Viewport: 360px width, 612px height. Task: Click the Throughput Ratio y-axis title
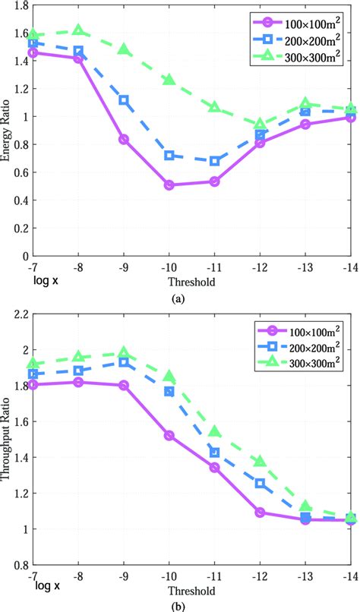tap(7, 440)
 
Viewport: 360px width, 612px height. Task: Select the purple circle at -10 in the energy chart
tap(169, 185)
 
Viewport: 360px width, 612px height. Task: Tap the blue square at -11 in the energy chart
tap(215, 161)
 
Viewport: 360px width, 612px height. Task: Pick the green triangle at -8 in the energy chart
tap(78, 30)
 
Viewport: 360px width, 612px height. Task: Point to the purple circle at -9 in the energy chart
tap(123, 139)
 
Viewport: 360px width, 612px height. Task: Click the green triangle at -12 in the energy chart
tap(261, 124)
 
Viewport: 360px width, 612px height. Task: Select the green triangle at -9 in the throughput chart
tap(123, 353)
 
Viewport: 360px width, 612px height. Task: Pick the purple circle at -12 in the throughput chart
tap(261, 513)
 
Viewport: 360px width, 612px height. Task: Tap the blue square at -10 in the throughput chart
tap(169, 391)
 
